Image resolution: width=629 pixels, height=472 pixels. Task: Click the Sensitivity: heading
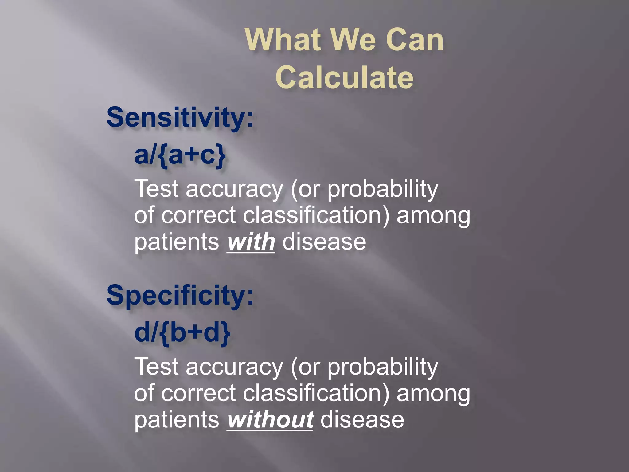pyautogui.click(x=180, y=118)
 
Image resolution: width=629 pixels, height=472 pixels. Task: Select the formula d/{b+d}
pyautogui.click(x=182, y=333)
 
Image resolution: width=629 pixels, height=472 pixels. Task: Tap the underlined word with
pyautogui.click(x=251, y=242)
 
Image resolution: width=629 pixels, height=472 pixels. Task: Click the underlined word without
pyautogui.click(x=270, y=420)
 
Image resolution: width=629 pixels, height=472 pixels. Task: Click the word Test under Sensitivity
pyautogui.click(x=157, y=189)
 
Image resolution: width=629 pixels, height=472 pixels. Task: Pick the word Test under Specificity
pyautogui.click(x=157, y=367)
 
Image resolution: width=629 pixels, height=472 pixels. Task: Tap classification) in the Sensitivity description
pyautogui.click(x=316, y=216)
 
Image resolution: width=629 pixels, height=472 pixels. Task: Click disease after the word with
pyautogui.click(x=324, y=242)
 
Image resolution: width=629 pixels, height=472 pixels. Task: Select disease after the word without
pyautogui.click(x=362, y=420)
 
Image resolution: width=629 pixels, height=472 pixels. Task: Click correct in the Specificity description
pyautogui.click(x=198, y=394)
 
